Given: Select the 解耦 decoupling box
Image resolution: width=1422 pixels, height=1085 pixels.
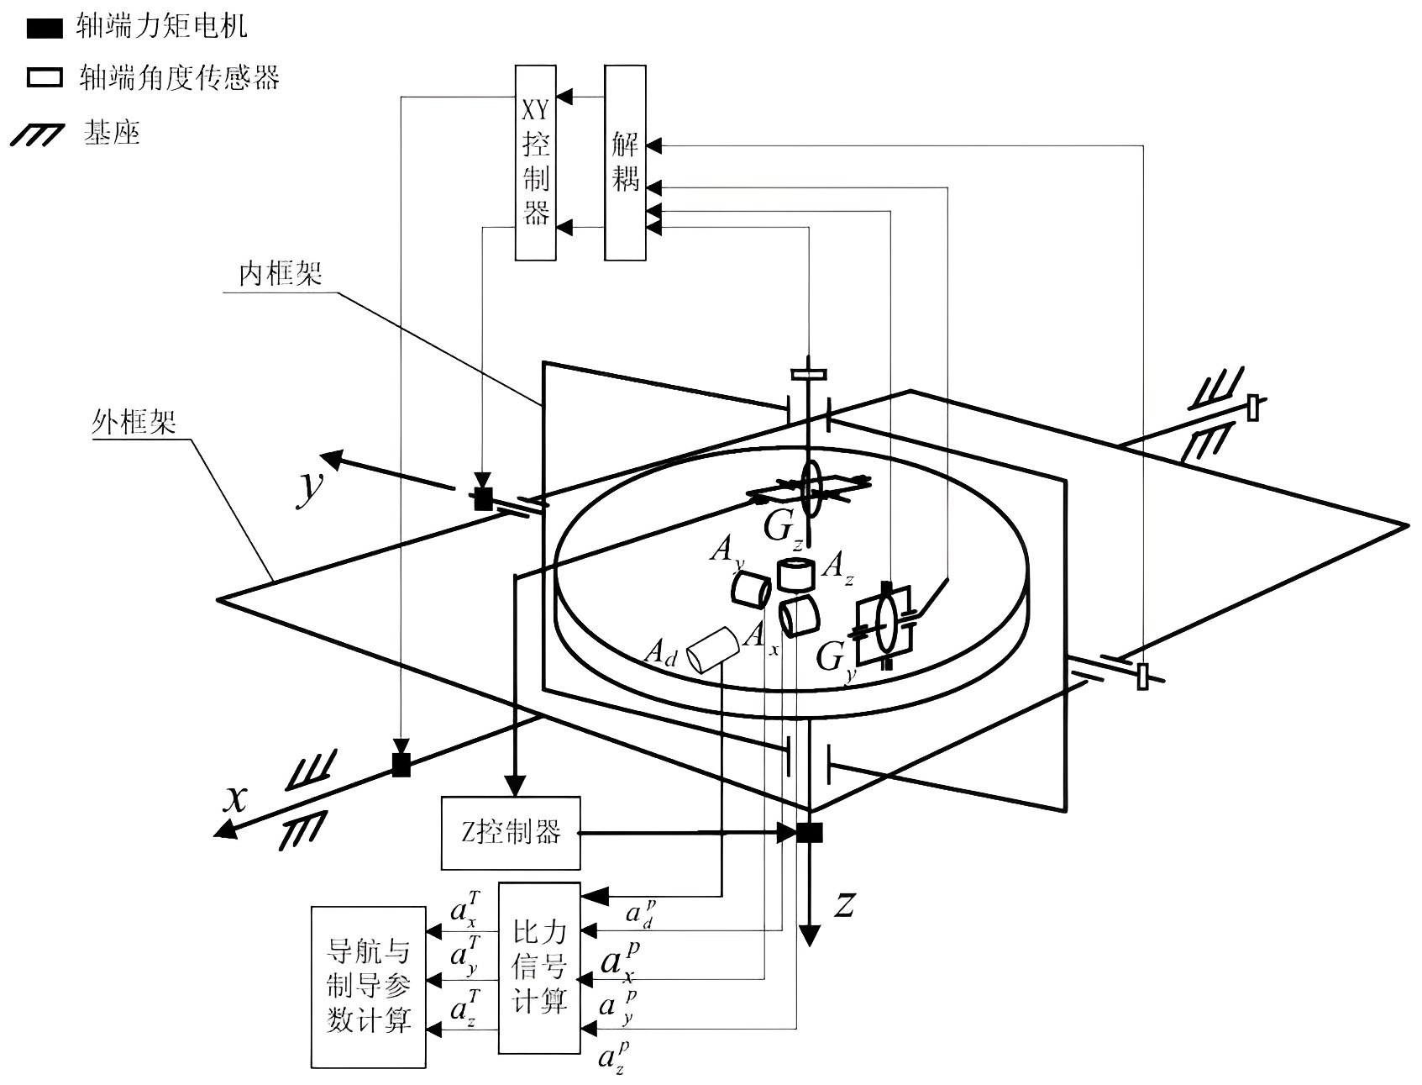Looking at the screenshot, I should [x=626, y=161].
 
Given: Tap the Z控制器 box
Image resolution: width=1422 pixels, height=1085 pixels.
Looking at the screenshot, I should [x=511, y=832].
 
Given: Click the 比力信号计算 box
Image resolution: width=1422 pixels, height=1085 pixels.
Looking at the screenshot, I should [x=539, y=967].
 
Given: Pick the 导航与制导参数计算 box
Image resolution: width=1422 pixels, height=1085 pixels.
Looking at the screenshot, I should [x=369, y=987].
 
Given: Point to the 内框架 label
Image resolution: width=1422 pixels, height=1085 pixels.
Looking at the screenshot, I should [x=281, y=274].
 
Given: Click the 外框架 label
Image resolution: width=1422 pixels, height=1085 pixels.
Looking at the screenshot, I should [x=134, y=422].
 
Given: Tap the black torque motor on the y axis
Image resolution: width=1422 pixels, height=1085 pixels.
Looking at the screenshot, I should [x=483, y=499].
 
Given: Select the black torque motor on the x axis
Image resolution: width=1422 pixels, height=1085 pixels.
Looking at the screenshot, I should [x=401, y=765].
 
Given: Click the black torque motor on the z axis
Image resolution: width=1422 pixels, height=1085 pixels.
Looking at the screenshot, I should [x=810, y=832].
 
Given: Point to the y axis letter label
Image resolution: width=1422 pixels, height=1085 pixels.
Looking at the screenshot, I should [x=310, y=490].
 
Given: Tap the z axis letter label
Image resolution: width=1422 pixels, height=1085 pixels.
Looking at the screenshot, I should [x=845, y=904].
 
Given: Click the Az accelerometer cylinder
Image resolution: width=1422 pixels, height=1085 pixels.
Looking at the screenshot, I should [x=795, y=574].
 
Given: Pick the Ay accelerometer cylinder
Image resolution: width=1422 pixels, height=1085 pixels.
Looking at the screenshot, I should [x=750, y=588].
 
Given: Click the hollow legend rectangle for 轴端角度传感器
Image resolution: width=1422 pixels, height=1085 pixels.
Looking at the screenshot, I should [x=45, y=78].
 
